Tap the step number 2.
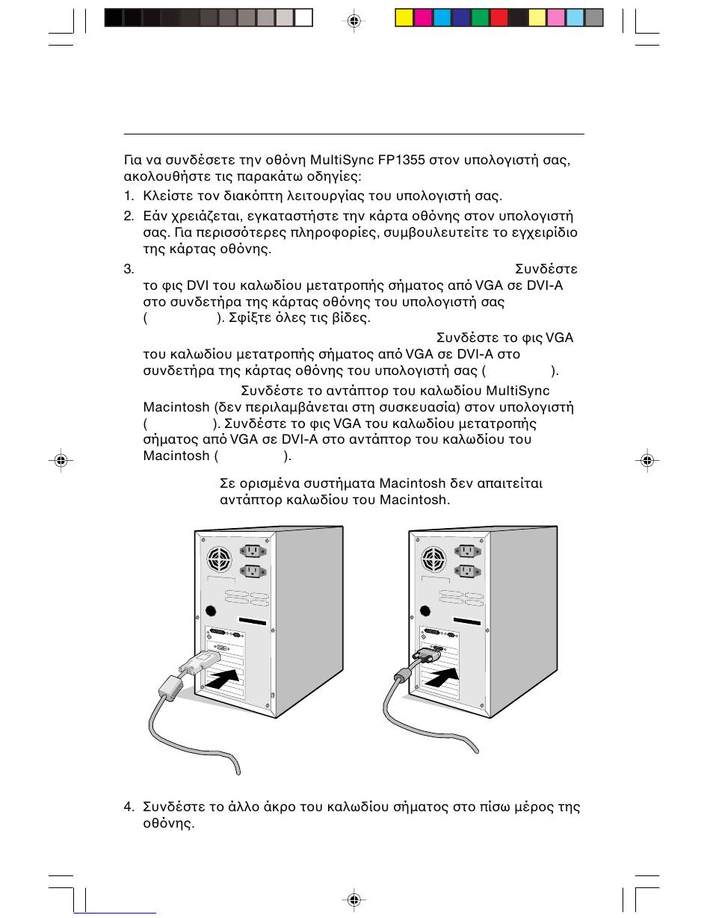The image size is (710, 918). click(x=128, y=216)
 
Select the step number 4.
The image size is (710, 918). click(x=128, y=807)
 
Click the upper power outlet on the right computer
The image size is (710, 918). click(x=467, y=551)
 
